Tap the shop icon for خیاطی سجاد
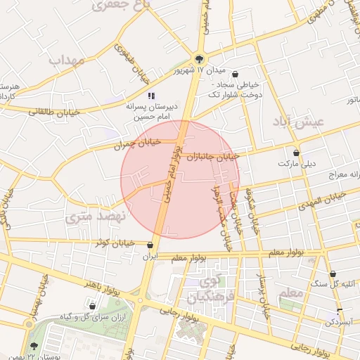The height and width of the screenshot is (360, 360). click(x=235, y=74)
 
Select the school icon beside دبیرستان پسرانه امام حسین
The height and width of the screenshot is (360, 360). click(x=150, y=95)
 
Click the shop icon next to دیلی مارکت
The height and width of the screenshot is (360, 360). click(x=296, y=152)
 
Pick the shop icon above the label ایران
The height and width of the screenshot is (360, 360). click(x=150, y=245)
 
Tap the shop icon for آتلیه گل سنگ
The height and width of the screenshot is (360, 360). click(x=333, y=274)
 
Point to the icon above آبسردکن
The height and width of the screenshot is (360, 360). click(x=340, y=311)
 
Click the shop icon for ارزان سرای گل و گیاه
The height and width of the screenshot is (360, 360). click(x=92, y=306)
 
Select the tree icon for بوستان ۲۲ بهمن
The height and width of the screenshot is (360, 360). click(x=34, y=346)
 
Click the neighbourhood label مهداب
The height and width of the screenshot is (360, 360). click(x=67, y=60)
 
